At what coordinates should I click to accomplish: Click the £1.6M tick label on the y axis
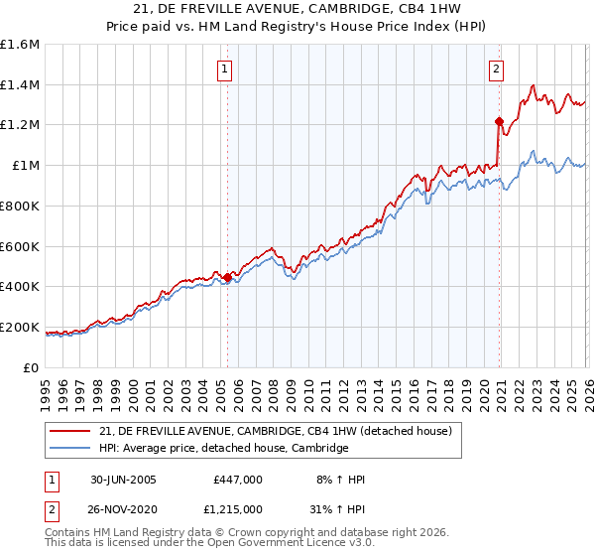(20, 45)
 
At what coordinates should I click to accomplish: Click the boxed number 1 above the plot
(227, 69)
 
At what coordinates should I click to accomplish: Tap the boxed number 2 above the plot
(496, 69)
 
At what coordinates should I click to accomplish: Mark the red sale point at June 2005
(228, 277)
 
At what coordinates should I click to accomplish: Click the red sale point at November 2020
(499, 122)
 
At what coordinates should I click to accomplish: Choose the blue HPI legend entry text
(223, 448)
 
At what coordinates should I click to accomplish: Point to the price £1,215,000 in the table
(237, 509)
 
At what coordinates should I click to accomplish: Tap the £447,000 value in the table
(238, 480)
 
